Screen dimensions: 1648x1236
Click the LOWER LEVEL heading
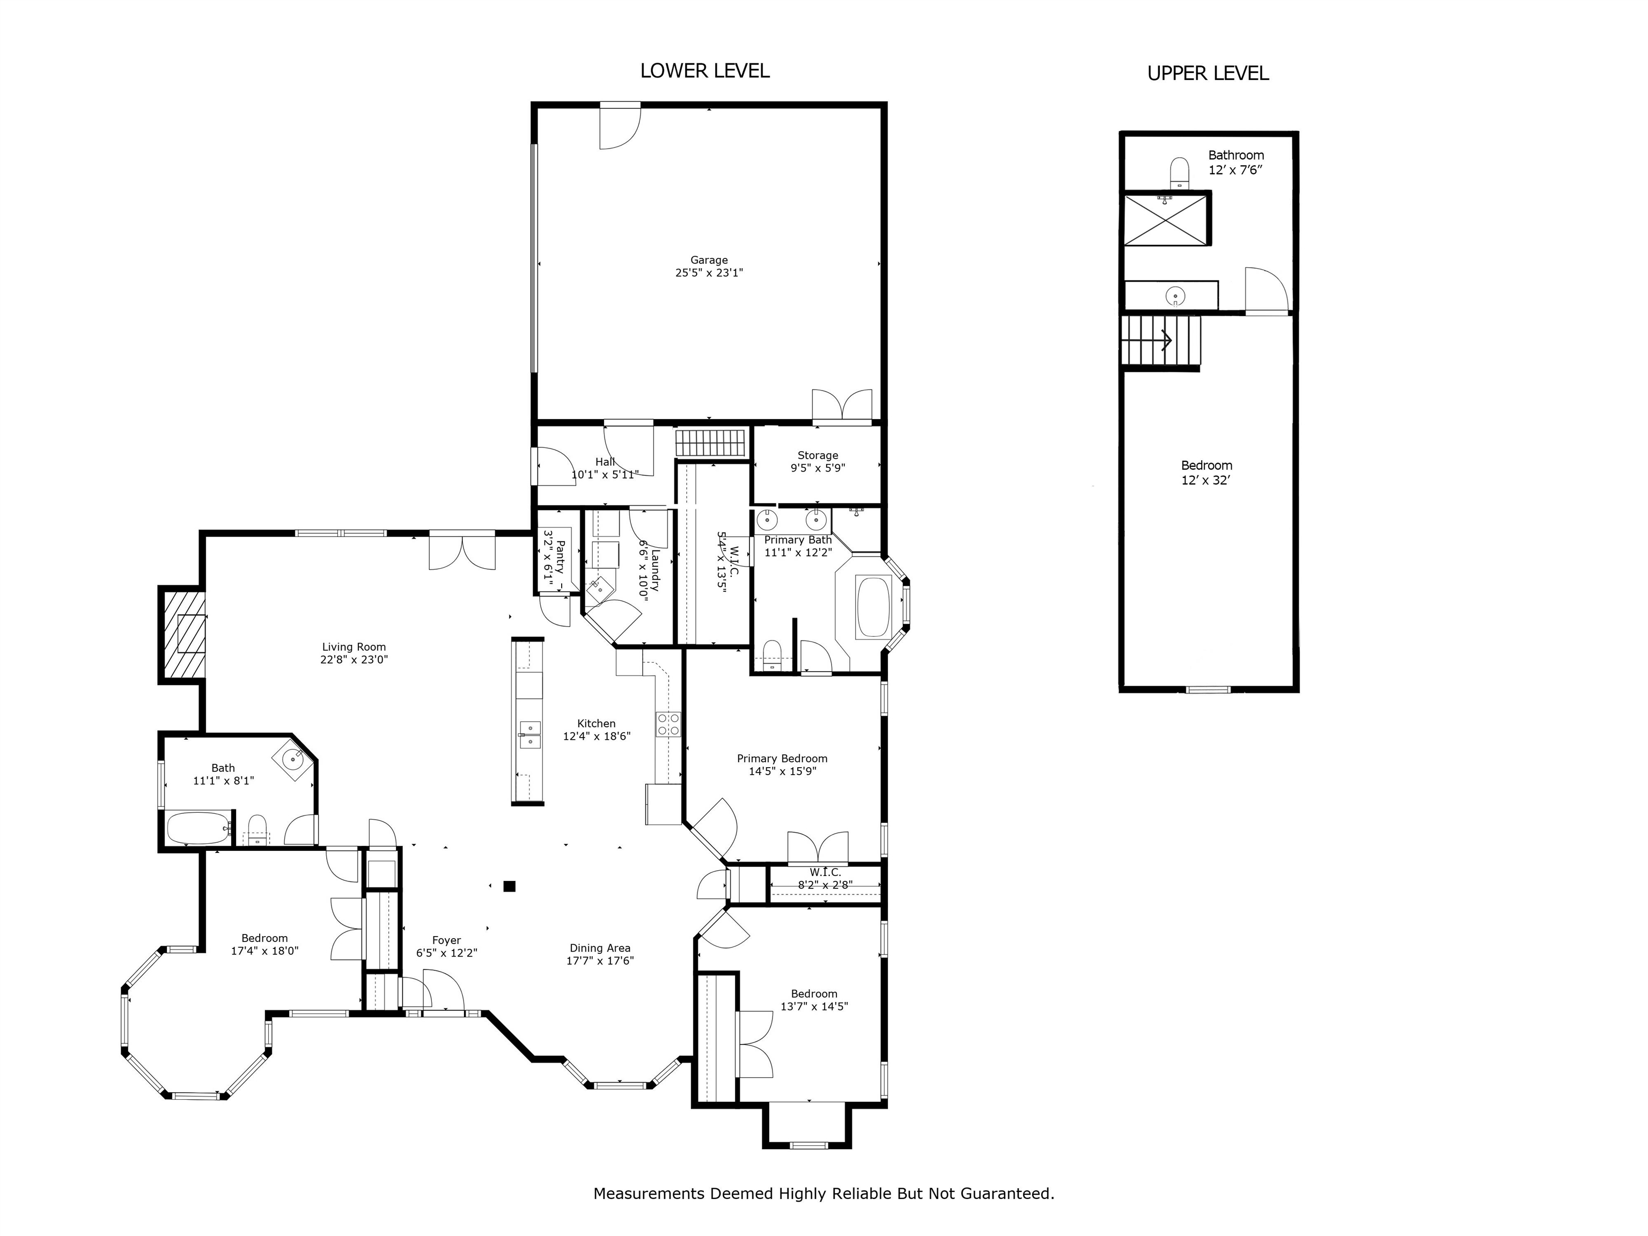point(705,71)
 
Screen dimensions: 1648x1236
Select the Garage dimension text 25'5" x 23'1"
point(709,273)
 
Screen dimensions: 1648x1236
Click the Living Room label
point(354,646)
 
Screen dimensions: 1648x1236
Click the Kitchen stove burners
point(668,724)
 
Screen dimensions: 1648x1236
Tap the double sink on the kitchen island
point(529,734)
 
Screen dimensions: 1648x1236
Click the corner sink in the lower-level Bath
point(293,761)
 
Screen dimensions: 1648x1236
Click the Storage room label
point(818,455)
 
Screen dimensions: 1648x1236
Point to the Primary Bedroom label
point(782,759)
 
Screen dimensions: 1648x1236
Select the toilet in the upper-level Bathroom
point(1179,172)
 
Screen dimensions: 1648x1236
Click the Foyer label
point(446,940)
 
